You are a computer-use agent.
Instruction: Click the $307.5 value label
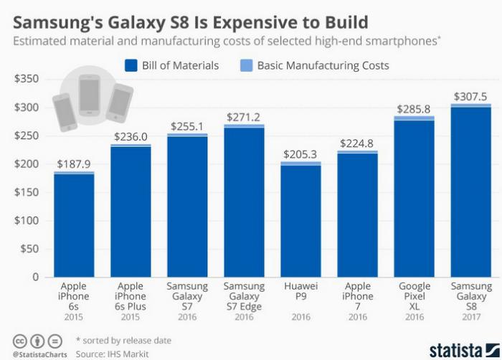[470, 95]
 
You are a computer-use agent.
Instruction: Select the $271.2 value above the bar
[244, 116]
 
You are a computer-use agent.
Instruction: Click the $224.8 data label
[357, 143]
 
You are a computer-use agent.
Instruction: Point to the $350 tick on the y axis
[26, 79]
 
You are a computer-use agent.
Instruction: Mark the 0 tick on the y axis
[34, 277]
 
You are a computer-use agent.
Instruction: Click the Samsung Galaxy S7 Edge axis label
[244, 296]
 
